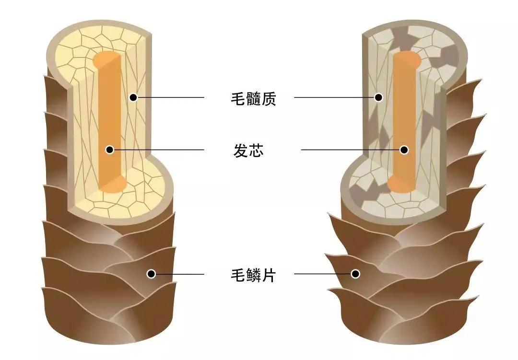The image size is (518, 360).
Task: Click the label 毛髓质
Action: (x=253, y=99)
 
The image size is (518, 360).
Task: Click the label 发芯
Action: (x=248, y=151)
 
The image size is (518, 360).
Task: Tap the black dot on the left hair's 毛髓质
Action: (x=133, y=97)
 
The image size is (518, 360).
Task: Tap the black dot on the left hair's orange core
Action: (x=110, y=150)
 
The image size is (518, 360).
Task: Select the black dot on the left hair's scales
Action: (x=151, y=274)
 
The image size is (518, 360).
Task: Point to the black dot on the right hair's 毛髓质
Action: (x=378, y=97)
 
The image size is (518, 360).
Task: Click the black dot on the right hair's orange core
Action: (x=404, y=150)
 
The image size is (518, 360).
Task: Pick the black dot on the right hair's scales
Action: (x=355, y=274)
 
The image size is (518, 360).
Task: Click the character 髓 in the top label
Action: (x=253, y=99)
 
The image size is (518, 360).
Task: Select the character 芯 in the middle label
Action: (x=256, y=151)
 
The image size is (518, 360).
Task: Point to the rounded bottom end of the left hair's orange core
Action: (x=112, y=185)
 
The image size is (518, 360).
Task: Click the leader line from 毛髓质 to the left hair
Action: (x=170, y=97)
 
